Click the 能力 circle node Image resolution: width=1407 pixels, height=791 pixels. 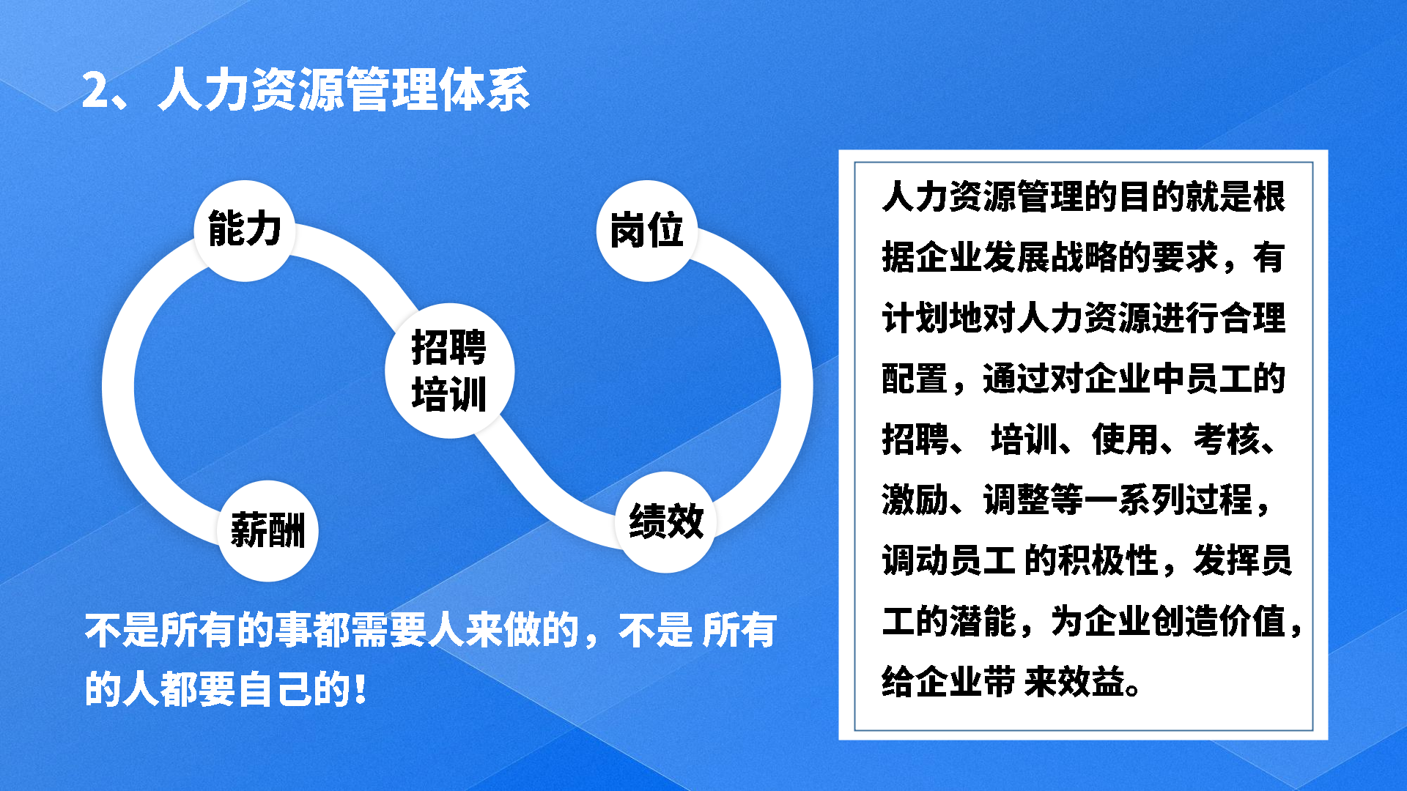pyautogui.click(x=245, y=231)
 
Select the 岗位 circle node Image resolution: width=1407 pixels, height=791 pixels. pyautogui.click(x=647, y=231)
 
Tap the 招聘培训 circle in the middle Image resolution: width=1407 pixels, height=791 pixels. pyautogui.click(x=450, y=371)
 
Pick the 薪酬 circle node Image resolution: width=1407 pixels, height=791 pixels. pyautogui.click(x=268, y=530)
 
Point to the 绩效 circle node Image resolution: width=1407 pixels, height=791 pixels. pyautogui.click(x=666, y=521)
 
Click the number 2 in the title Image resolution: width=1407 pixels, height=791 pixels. pyautogui.click(x=95, y=91)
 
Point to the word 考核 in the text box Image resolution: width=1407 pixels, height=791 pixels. pyautogui.click(x=1227, y=439)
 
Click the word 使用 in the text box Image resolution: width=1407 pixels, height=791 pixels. pyautogui.click(x=1126, y=439)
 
